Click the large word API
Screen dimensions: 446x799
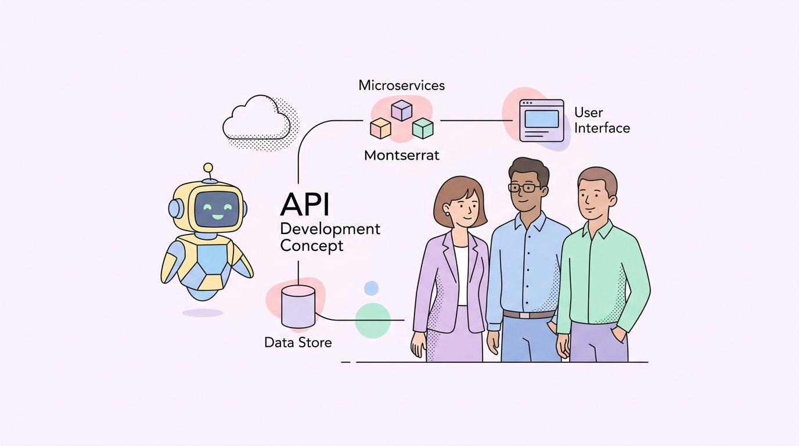(x=305, y=204)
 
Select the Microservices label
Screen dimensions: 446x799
(x=402, y=85)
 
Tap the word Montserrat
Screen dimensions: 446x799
(x=402, y=155)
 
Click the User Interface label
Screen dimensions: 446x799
(x=602, y=120)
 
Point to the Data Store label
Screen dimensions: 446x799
(x=298, y=343)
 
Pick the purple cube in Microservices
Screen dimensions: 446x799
(x=401, y=110)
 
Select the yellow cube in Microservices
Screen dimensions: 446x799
(x=380, y=128)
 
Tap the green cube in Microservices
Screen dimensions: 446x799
(x=423, y=128)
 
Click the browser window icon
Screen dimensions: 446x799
(x=541, y=120)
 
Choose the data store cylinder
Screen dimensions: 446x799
(x=298, y=306)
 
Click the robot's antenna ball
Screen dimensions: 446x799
(x=208, y=168)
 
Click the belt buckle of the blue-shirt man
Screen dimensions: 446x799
(x=526, y=315)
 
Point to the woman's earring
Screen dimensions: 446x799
(x=448, y=214)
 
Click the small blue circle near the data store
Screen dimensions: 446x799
(x=371, y=288)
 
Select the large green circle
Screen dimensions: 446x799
(x=373, y=320)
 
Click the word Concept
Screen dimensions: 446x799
(x=312, y=246)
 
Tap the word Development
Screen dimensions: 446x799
(x=330, y=228)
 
